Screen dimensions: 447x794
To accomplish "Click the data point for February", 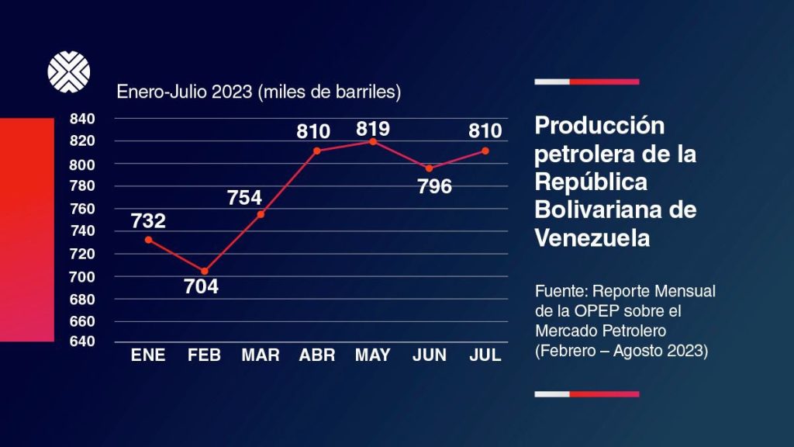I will [x=205, y=271].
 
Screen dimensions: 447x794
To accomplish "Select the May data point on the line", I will [x=373, y=141].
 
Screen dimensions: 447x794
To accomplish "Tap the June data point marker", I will [x=429, y=168].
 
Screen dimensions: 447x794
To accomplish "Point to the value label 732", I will [x=148, y=221].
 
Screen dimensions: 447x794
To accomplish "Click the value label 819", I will [x=373, y=128].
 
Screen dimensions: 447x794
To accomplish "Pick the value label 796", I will [x=434, y=187].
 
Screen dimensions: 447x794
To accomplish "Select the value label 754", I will [x=245, y=197].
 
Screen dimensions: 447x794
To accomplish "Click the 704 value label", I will [x=201, y=286].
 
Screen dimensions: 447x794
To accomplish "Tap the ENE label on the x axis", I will [x=148, y=355].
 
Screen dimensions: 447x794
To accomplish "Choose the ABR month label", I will [x=317, y=355].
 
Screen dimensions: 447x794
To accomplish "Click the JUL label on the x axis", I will [x=486, y=355].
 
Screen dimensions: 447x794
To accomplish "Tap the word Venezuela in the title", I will [x=592, y=238].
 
